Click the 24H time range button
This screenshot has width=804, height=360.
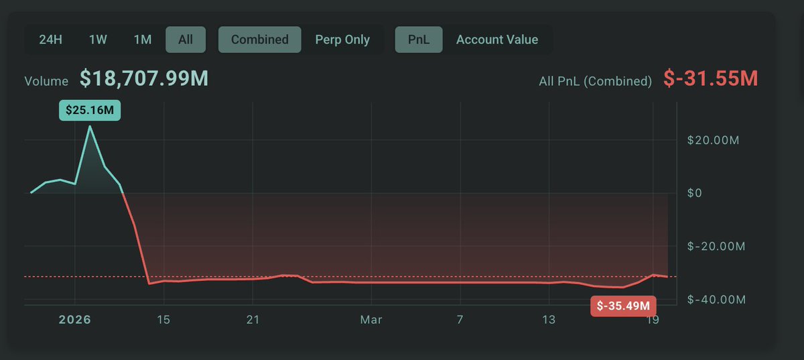click(51, 40)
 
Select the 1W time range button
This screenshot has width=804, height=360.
click(98, 40)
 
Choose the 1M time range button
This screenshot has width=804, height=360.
click(142, 40)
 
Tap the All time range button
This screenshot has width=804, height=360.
click(186, 40)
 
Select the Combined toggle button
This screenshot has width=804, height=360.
click(259, 40)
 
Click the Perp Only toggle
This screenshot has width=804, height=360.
click(342, 40)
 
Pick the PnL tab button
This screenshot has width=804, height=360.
click(419, 40)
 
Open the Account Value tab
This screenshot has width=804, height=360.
click(497, 40)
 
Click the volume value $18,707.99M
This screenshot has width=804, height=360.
click(144, 79)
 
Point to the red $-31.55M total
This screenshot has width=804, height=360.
click(711, 79)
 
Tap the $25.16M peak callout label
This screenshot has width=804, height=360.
click(90, 110)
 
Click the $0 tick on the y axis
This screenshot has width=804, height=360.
click(695, 193)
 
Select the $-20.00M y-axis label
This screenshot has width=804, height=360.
click(716, 247)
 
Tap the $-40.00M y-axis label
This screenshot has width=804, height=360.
click(716, 300)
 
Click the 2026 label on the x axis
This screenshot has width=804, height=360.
click(74, 320)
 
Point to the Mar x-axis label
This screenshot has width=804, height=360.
click(371, 320)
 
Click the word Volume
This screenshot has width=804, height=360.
click(46, 81)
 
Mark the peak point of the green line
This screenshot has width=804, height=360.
click(90, 126)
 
